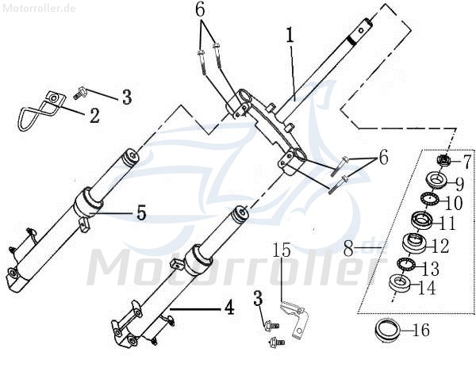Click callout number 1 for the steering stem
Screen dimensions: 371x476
tap(290, 36)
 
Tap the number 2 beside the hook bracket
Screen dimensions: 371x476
tap(94, 116)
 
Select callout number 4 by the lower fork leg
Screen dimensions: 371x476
tap(228, 308)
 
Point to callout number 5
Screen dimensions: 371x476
tap(141, 212)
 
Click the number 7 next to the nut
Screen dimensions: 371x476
tap(466, 163)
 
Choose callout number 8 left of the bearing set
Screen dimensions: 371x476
tap(350, 249)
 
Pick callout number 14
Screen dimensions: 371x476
tap(427, 289)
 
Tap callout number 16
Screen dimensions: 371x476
tap(421, 331)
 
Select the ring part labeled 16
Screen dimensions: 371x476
tap(389, 327)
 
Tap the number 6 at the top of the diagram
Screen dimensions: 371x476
tap(200, 10)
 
